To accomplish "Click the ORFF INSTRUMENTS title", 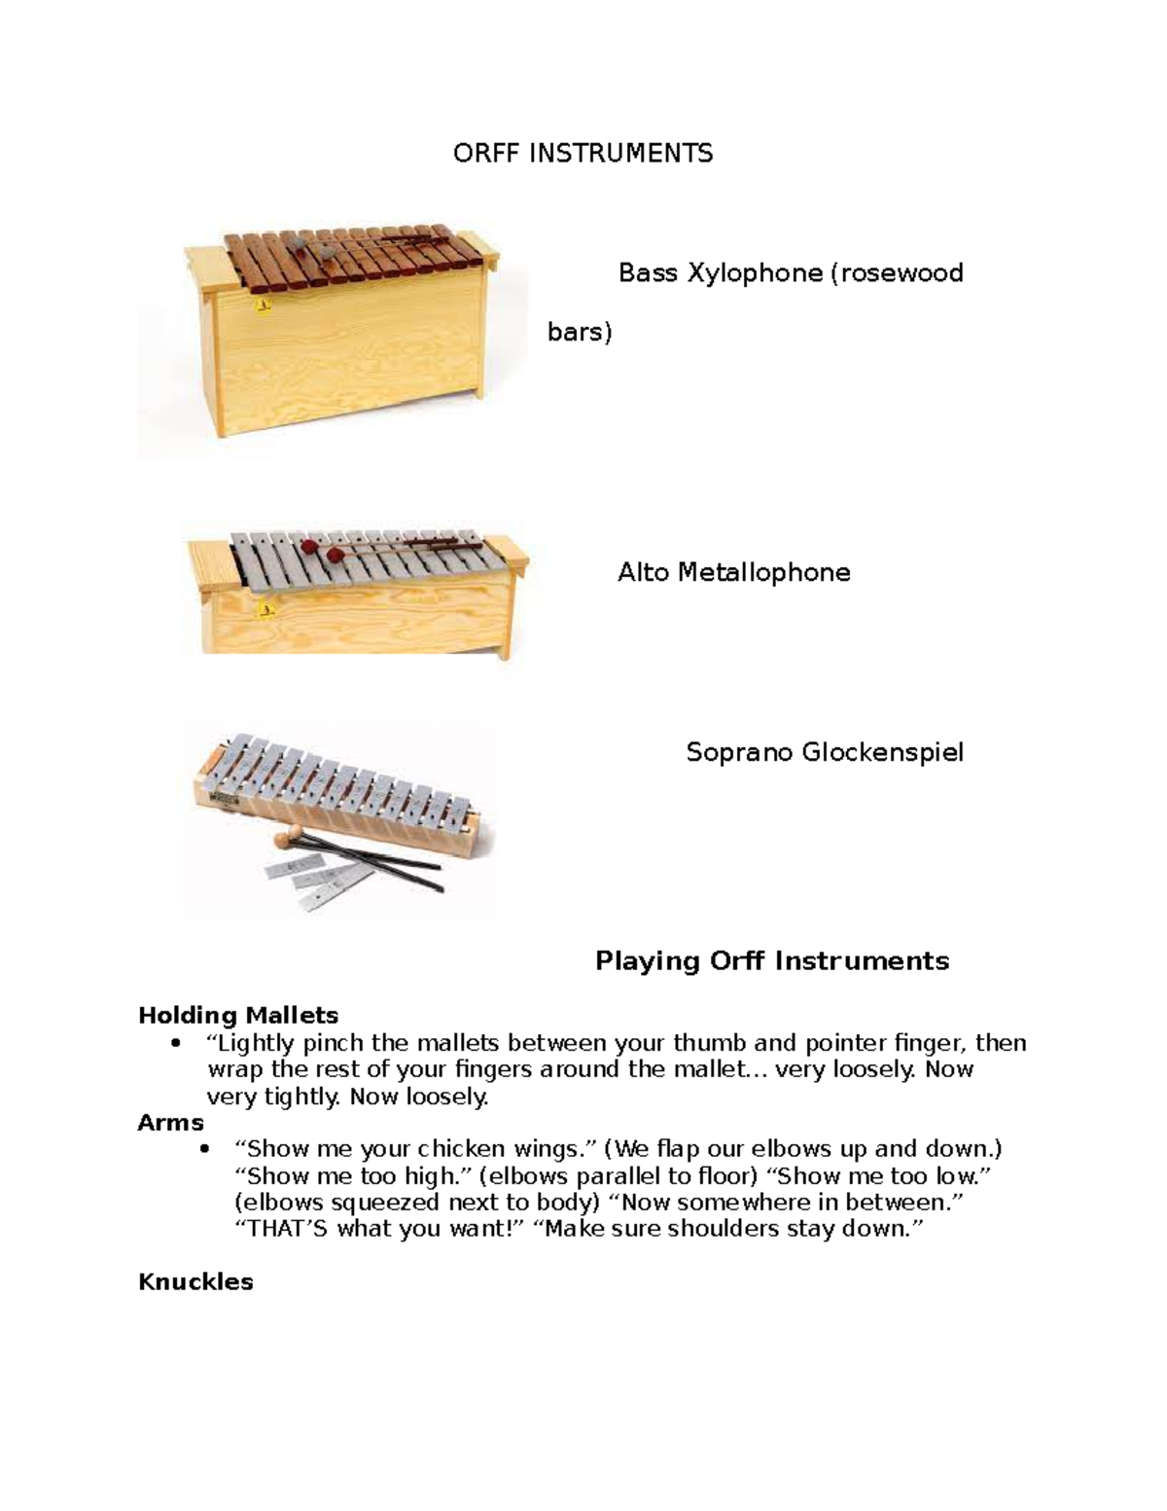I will coord(583,153).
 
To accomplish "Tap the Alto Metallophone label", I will coord(733,572).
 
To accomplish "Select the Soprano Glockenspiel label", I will coord(825,752).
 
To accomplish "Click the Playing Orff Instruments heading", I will coord(771,961).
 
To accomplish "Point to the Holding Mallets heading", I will coord(238,1016).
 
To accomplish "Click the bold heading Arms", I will coord(171,1123).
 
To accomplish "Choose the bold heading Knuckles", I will coord(195,1281).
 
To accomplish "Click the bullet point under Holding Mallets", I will coord(175,1044).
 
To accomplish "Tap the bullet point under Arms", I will coord(203,1149).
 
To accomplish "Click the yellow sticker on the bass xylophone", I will coord(262,306).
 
